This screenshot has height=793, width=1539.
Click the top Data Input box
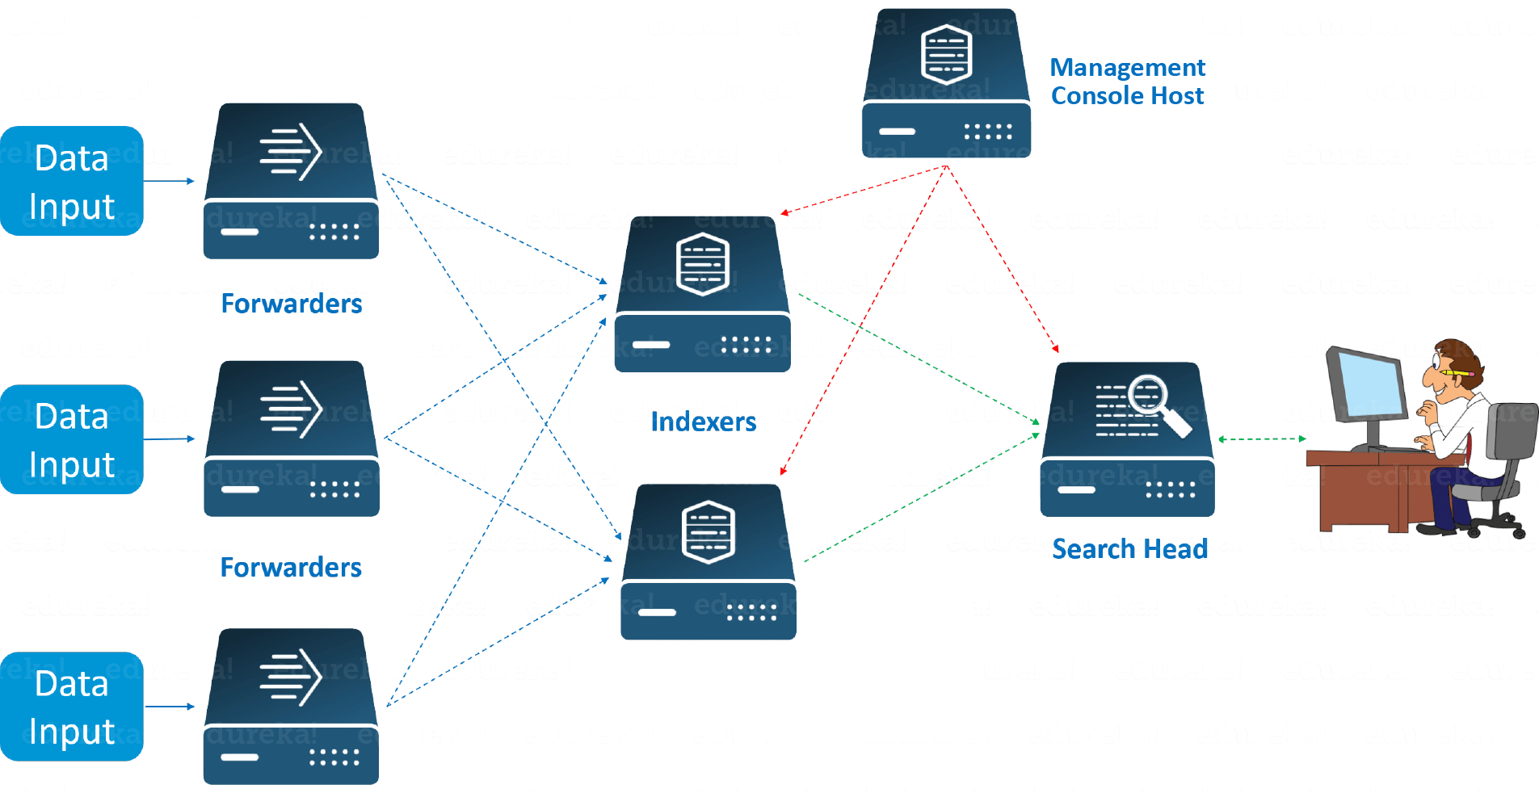(x=72, y=181)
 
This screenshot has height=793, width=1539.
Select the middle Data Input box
(x=72, y=439)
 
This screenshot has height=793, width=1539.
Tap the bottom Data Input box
(x=72, y=707)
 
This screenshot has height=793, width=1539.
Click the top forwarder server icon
(x=291, y=182)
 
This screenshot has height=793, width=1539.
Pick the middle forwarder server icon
(x=292, y=438)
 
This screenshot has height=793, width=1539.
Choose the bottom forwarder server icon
(x=291, y=707)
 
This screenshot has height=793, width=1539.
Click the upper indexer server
(x=702, y=295)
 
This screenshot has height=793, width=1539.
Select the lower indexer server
(x=709, y=562)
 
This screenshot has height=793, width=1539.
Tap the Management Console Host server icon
(x=946, y=84)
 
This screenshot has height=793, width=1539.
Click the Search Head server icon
(x=1128, y=440)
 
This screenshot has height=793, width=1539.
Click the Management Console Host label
(x=1128, y=82)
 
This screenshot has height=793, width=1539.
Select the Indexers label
(x=704, y=422)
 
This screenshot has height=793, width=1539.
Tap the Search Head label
(x=1129, y=549)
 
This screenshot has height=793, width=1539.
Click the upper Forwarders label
(x=292, y=304)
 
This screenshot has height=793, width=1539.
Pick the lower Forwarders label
(x=291, y=567)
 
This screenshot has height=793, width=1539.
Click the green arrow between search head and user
(x=1262, y=439)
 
